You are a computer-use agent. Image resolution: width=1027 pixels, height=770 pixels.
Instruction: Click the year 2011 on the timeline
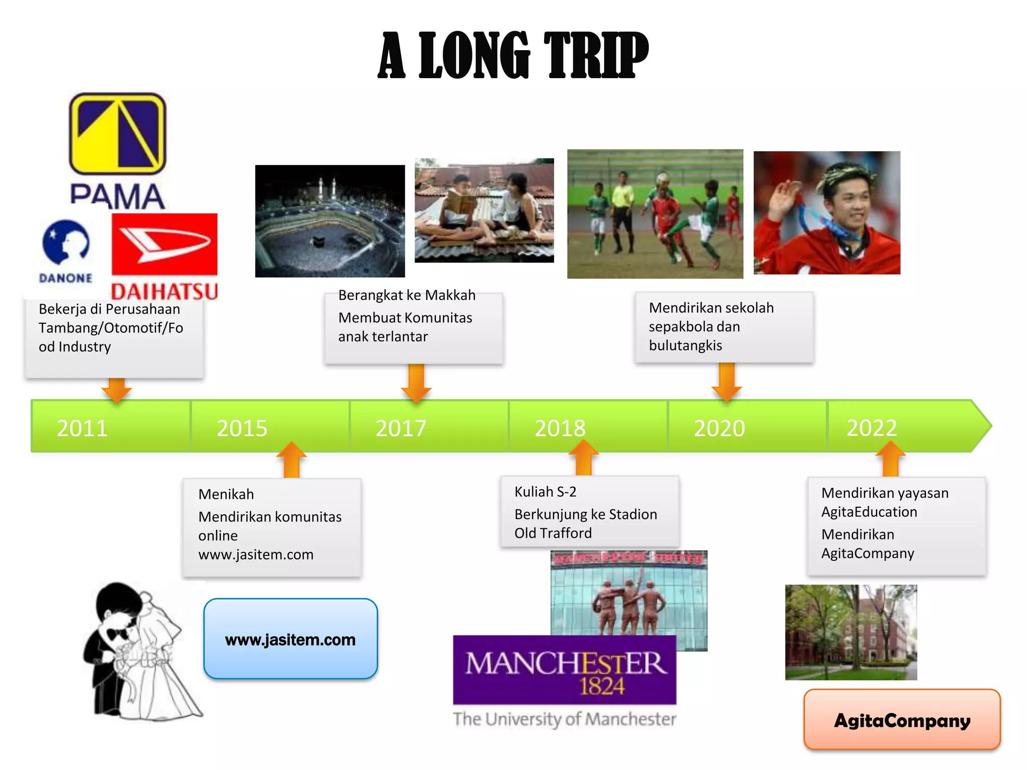coord(82,428)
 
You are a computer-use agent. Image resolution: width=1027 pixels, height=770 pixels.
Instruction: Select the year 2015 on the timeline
coord(242,428)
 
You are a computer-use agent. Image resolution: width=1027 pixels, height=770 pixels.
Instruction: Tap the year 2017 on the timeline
coord(401,428)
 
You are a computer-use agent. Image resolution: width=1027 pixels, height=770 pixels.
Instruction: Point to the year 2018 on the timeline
coord(560,428)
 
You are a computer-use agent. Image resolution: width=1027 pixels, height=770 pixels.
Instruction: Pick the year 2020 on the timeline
coord(719,428)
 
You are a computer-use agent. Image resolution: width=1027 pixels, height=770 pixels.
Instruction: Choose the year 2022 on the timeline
coord(872,428)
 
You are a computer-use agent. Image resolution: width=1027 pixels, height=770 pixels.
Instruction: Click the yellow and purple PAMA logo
coord(117,150)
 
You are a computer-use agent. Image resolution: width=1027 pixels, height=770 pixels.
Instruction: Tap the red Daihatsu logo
coord(164,256)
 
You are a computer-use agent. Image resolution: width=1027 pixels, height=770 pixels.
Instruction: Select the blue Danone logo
coord(66,251)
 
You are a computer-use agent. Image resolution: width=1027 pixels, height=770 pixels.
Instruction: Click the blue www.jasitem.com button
coord(290,639)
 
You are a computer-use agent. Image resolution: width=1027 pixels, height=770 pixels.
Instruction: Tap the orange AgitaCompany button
coord(902,720)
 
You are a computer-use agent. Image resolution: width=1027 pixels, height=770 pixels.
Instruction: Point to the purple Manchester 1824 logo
coord(565,670)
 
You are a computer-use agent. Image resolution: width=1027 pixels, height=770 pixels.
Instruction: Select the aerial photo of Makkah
coord(329,221)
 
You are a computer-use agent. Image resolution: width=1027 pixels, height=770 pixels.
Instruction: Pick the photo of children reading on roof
coord(484,211)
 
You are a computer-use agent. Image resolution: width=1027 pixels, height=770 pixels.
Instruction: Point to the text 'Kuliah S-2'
coord(545,492)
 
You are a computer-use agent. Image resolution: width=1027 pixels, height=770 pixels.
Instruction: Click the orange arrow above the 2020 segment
coord(727,382)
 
